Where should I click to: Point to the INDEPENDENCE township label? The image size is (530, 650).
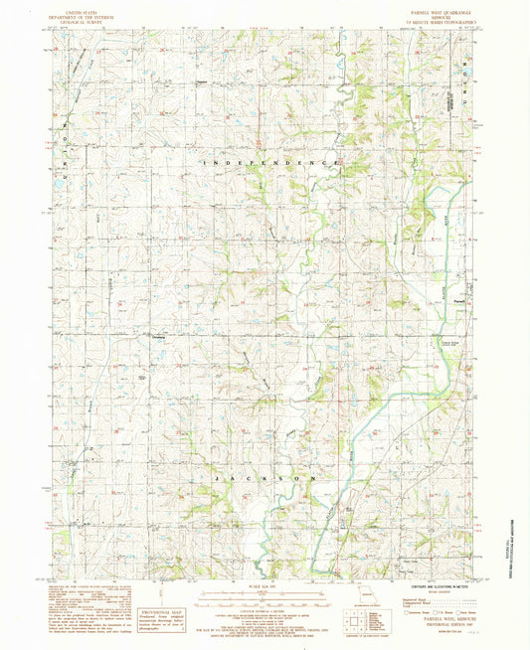click(x=268, y=162)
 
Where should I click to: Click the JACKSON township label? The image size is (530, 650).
click(x=266, y=478)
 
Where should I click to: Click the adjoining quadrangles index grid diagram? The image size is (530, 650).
click(x=356, y=621)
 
